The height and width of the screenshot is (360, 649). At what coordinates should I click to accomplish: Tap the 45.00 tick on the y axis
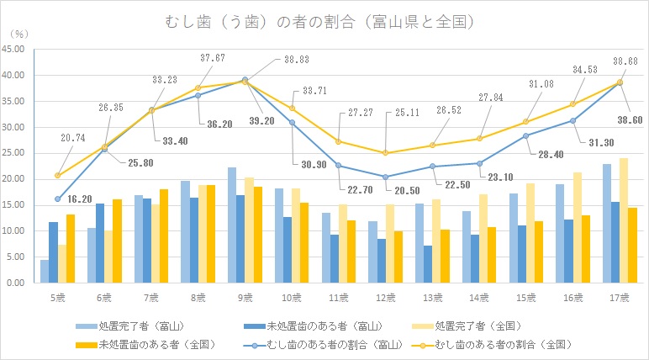pyautogui.click(x=17, y=49)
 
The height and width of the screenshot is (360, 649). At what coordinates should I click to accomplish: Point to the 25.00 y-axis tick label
pyautogui.click(x=17, y=153)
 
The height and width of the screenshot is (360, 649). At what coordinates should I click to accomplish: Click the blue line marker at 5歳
pyautogui.click(x=56, y=199)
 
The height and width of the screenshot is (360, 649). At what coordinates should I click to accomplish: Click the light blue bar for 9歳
pyautogui.click(x=232, y=225)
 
